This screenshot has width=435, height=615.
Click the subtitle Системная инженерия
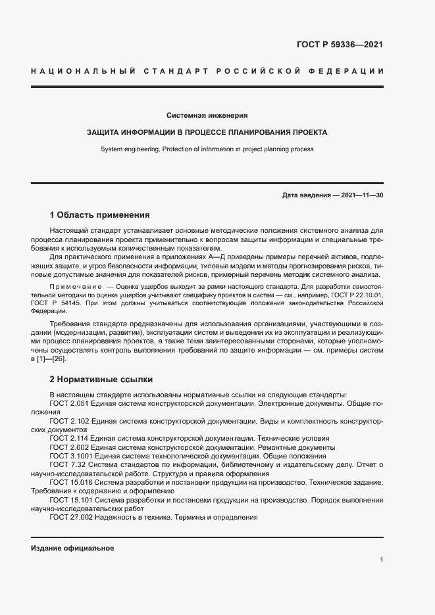click(207, 115)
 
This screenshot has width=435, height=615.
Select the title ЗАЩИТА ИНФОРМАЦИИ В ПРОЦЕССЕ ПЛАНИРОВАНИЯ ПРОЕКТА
click(207, 132)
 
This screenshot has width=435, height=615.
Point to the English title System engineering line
click(207, 149)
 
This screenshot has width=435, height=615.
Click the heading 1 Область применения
click(100, 215)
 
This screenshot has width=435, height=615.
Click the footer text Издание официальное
click(72, 549)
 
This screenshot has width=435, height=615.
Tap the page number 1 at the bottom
click(382, 560)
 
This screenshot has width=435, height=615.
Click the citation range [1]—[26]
click(52, 358)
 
